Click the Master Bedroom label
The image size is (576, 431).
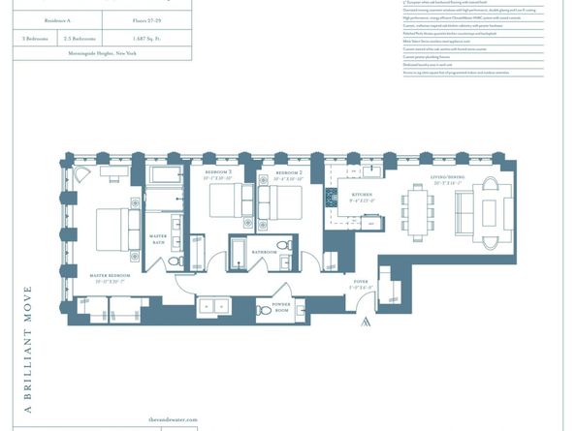point(110,276)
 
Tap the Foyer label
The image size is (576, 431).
point(362,285)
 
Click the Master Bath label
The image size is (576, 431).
point(158,238)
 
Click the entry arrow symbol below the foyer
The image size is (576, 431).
point(366,322)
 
